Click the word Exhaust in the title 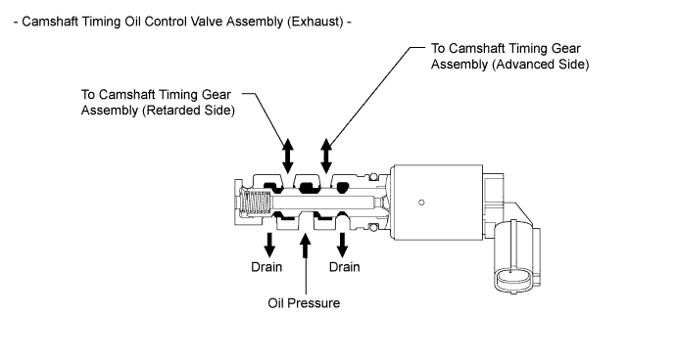click(x=316, y=22)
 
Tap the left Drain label click(x=266, y=267)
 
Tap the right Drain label click(x=344, y=267)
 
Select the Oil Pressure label click(x=304, y=303)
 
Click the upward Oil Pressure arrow click(x=306, y=264)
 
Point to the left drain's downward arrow click(x=269, y=246)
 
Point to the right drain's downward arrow click(x=342, y=246)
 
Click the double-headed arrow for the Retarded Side click(x=288, y=156)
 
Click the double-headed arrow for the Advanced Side click(x=326, y=156)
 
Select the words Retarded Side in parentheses click(x=188, y=111)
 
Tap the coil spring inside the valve click(x=256, y=202)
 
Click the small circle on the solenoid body click(x=421, y=203)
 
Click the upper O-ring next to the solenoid click(x=373, y=176)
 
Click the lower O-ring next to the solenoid click(x=373, y=227)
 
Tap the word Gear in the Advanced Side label click(x=566, y=48)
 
